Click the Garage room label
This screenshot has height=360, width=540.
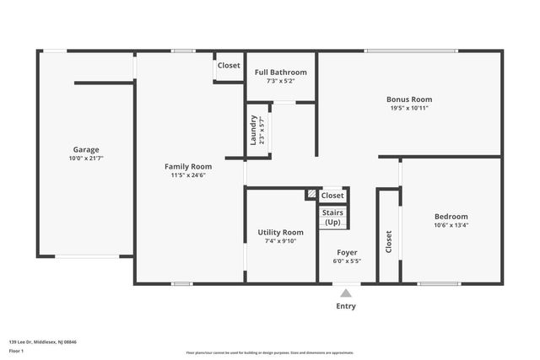(85, 149)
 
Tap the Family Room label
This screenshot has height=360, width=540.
(187, 166)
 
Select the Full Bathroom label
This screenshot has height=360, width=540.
(281, 73)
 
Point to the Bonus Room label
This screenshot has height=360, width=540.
(409, 99)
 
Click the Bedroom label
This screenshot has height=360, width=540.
(451, 216)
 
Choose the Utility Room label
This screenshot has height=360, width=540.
(280, 232)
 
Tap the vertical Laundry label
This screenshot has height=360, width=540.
(254, 131)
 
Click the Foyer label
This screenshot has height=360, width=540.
(347, 252)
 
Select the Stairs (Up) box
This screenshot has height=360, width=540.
(332, 217)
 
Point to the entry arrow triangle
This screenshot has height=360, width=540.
(346, 293)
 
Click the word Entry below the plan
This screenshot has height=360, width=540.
(346, 306)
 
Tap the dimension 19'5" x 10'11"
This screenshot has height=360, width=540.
(409, 108)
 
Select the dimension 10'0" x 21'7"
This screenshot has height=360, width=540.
(85, 158)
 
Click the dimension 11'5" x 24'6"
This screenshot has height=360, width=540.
(187, 175)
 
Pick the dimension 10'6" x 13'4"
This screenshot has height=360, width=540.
(451, 225)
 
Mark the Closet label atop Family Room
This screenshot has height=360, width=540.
(229, 65)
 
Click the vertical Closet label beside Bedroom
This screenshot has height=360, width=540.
(389, 242)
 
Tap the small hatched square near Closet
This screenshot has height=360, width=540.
(311, 195)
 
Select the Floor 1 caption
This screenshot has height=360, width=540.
(16, 350)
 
